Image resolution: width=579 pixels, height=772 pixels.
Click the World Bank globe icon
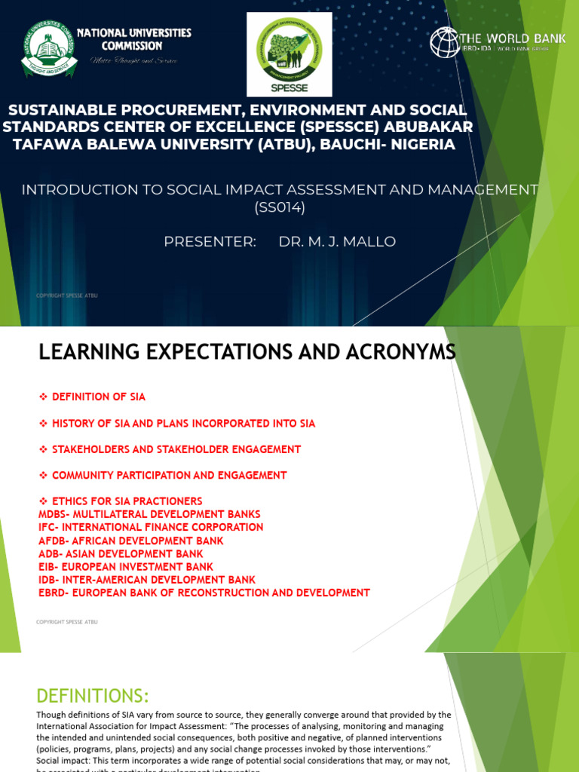tap(445, 42)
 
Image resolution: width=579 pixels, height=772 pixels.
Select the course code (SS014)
tap(280, 207)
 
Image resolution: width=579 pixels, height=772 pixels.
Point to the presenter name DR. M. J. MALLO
tap(337, 241)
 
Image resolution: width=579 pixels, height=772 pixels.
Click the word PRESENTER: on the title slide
tap(210, 241)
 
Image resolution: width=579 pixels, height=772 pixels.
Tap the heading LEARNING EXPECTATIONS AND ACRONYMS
tap(247, 352)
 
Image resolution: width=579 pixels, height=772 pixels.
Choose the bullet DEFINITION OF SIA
tap(98, 397)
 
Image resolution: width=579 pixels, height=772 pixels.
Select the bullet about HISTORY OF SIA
tap(183, 423)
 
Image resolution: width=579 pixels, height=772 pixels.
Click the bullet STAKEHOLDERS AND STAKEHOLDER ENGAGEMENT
tap(176, 449)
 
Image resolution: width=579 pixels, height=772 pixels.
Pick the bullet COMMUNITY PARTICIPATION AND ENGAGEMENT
tap(169, 475)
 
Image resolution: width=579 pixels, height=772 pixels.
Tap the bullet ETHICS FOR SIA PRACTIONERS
tap(127, 501)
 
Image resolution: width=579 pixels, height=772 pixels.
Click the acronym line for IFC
tap(151, 527)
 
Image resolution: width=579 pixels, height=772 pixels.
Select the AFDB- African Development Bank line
tap(130, 541)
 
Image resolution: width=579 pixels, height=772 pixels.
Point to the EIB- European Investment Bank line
tap(125, 566)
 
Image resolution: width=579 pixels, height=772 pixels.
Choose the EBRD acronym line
tap(204, 593)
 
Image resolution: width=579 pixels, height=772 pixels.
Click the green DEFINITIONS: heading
tap(93, 694)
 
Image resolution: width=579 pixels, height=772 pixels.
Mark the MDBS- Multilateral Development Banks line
tap(150, 514)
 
